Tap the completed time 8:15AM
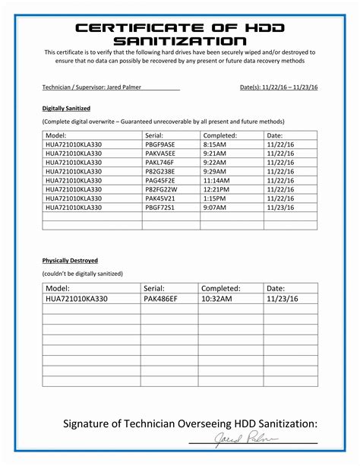(216, 144)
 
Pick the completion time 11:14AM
(218, 180)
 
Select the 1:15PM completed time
(216, 198)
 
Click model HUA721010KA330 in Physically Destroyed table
(77, 300)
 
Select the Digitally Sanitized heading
(66, 109)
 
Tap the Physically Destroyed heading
(70, 260)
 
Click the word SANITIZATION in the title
(180, 40)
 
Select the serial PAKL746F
(159, 162)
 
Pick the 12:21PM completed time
(218, 189)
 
